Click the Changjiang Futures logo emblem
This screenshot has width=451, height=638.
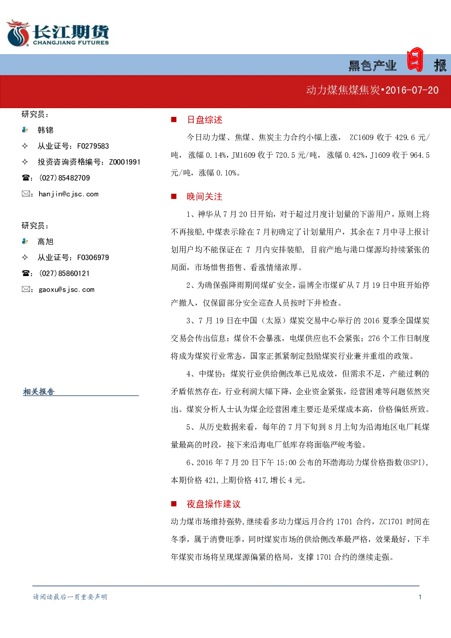coord(18,33)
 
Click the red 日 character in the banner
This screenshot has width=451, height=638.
coord(415,60)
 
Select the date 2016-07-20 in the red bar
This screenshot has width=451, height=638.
coord(412,90)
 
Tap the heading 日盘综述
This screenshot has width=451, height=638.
coord(204,120)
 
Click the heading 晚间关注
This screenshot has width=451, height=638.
coord(204,196)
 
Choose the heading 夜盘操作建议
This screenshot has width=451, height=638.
coord(214,504)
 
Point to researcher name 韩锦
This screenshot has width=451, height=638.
coord(45,130)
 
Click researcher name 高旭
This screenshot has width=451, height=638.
coord(45,241)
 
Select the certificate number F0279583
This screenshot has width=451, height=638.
coord(93,146)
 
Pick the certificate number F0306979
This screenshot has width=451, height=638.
coord(93,257)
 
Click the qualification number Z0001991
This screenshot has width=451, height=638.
coord(125,162)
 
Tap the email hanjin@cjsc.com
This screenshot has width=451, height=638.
coord(69,194)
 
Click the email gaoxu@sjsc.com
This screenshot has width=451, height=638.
coord(67,289)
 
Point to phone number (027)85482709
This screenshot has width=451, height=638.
coord(65,178)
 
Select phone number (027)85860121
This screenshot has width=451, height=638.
coord(65,273)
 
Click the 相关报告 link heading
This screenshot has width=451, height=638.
coord(39,392)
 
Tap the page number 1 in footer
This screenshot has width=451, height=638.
coord(420,597)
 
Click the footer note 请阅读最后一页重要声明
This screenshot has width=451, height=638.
coord(70,597)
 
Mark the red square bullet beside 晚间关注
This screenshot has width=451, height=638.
coord(174,196)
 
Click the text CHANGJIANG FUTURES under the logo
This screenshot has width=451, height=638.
coord(71,43)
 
